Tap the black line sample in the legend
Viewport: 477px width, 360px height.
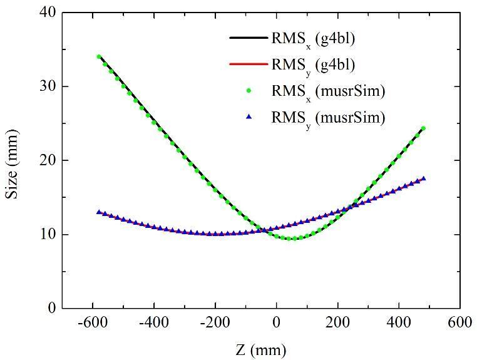click(x=248, y=38)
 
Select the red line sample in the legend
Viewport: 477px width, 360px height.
click(x=248, y=64)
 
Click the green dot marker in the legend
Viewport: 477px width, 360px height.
click(x=249, y=90)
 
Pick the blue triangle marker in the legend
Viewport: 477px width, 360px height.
click(x=249, y=116)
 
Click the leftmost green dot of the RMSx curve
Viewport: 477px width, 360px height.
click(x=99, y=56)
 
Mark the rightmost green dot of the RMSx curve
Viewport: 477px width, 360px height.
click(x=423, y=128)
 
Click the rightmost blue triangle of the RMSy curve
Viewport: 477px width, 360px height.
click(x=424, y=178)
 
